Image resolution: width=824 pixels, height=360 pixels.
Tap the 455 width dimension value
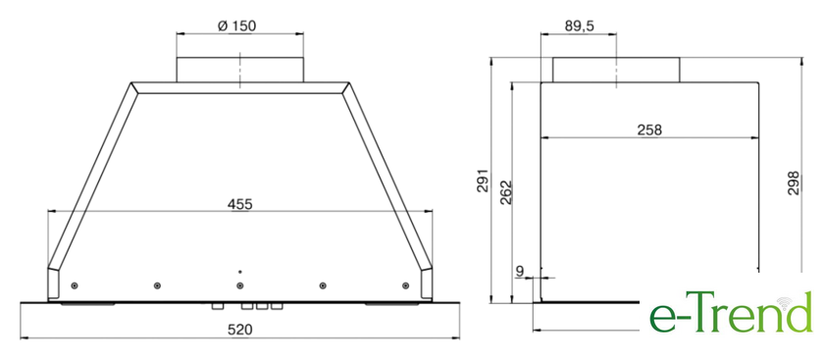point(239,204)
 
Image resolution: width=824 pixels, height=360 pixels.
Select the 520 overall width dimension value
point(239,330)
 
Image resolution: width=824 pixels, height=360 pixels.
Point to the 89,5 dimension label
point(579,26)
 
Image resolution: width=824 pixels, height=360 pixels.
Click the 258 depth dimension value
point(649,129)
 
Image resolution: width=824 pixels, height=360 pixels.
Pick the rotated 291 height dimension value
point(483,180)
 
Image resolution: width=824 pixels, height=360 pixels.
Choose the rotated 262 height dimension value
point(505,192)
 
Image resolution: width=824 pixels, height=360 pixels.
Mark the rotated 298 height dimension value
point(793,182)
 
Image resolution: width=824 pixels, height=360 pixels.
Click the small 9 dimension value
point(520,272)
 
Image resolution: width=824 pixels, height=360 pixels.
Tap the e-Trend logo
point(731,312)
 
